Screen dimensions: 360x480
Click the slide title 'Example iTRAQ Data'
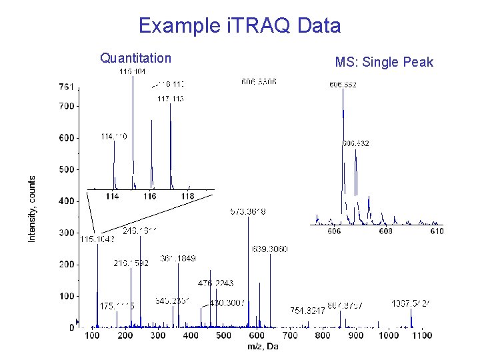[239, 26]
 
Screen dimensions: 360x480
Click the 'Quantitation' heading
[135, 58]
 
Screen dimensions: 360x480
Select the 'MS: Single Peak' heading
[384, 63]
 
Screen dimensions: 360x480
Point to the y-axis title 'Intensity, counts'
[31, 209]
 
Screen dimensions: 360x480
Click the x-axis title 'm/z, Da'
[263, 346]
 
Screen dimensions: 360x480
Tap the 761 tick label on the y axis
[65, 87]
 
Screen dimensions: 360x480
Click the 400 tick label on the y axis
[65, 201]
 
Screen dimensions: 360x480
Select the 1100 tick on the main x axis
[421, 335]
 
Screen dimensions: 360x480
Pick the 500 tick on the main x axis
[224, 335]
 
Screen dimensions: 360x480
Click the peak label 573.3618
[248, 211]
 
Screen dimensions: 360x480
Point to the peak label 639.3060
[270, 249]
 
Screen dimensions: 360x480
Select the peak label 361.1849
[178, 258]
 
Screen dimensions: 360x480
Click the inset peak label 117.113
[170, 99]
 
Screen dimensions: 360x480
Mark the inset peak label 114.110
[114, 136]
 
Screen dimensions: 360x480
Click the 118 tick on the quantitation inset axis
[187, 197]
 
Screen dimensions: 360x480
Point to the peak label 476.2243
[215, 283]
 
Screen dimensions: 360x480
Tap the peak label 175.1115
[117, 305]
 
